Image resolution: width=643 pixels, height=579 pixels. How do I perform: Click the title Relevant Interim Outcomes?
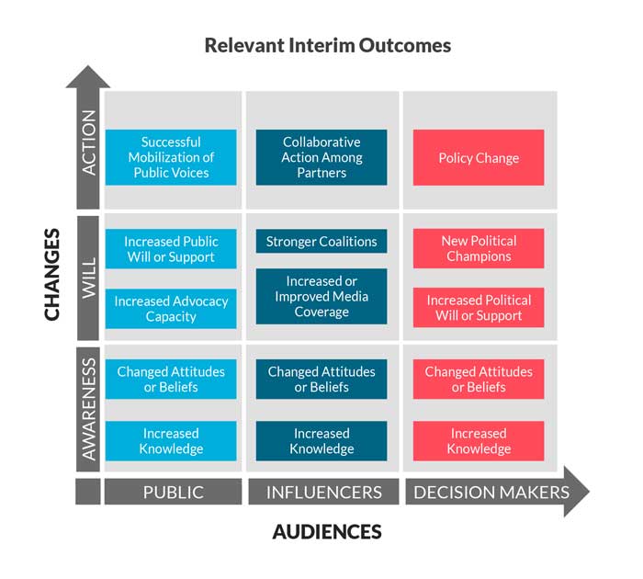coord(327,45)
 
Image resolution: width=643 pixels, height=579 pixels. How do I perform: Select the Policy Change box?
coord(479,158)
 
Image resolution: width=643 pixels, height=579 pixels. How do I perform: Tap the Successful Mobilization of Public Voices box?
coord(171,157)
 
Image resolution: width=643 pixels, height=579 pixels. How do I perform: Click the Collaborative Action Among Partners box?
coord(321,157)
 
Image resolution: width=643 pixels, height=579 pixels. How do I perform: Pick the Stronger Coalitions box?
coord(321,242)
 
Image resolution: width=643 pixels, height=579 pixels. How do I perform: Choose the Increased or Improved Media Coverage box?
coord(321,296)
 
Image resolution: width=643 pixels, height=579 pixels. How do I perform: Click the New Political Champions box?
coord(479,248)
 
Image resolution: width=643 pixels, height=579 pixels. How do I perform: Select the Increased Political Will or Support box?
coord(479,308)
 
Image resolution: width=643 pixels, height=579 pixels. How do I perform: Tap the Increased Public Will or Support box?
coord(171,249)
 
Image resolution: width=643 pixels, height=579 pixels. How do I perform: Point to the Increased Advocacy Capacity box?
coord(171,309)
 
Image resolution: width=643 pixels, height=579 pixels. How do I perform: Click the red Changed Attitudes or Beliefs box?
coord(479,379)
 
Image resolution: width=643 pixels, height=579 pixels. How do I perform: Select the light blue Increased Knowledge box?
coord(171,441)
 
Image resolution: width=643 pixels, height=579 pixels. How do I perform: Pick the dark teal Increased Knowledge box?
coord(321,441)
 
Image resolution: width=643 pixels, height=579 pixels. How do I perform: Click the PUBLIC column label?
coord(174,492)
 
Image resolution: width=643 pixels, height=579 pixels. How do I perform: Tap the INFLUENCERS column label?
coord(323,492)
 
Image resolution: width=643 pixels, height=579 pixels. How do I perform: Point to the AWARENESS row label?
coord(88,408)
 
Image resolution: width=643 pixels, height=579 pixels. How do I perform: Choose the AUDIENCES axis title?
coord(327,531)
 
